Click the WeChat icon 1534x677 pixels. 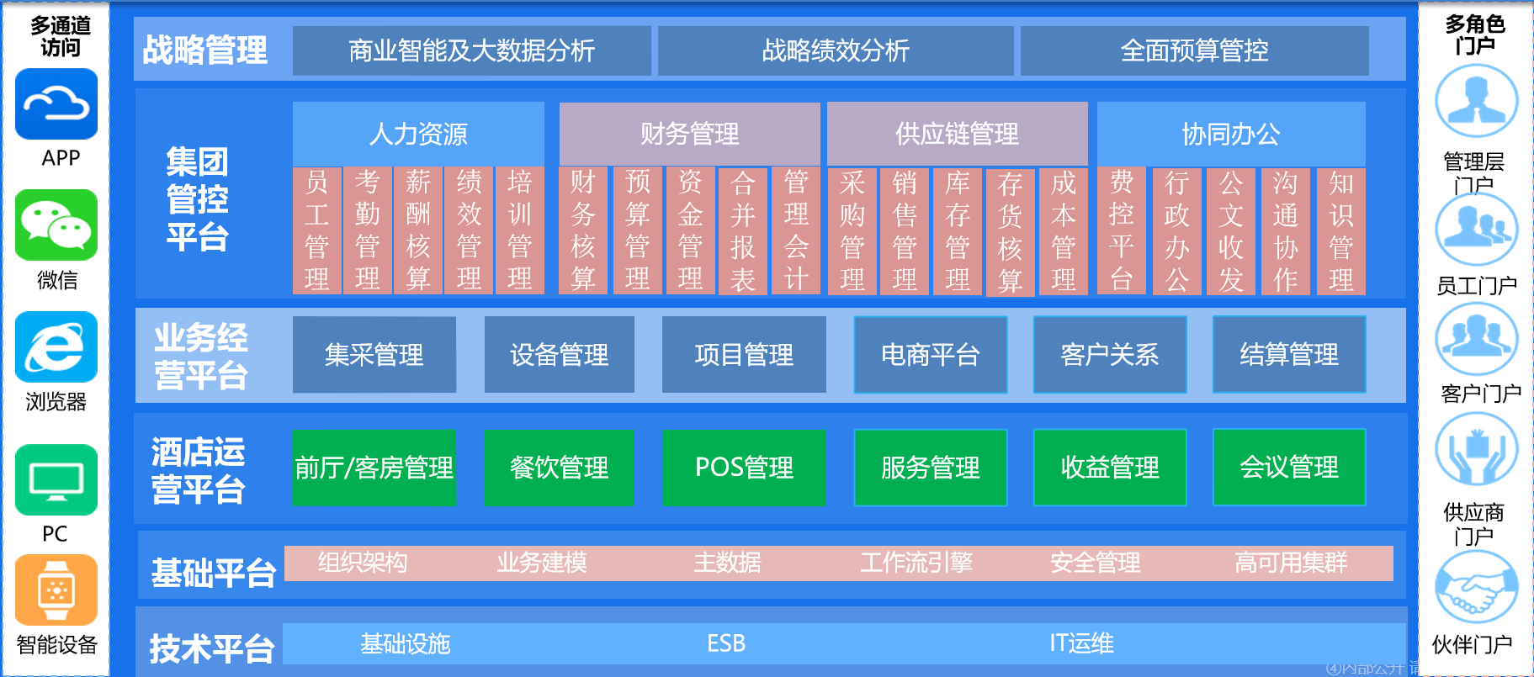tap(56, 225)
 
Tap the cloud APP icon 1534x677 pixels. tap(56, 104)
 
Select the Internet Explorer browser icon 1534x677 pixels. tap(56, 347)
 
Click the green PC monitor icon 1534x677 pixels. tap(56, 480)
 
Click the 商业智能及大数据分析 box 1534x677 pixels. tap(471, 50)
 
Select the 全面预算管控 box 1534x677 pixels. tap(1194, 50)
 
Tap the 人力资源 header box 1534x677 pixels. tap(418, 134)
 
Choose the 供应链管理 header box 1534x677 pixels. tap(957, 134)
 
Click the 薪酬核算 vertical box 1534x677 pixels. tap(418, 230)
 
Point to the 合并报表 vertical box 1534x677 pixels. tap(742, 230)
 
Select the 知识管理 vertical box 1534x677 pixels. tap(1340, 230)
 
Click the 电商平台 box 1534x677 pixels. tap(930, 355)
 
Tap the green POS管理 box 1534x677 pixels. tap(744, 468)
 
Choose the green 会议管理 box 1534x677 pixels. tap(1288, 468)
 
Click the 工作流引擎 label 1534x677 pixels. tap(916, 563)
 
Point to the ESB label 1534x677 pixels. tap(726, 644)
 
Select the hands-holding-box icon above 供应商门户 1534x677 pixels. tap(1476, 451)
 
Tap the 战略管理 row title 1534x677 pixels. tap(204, 50)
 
